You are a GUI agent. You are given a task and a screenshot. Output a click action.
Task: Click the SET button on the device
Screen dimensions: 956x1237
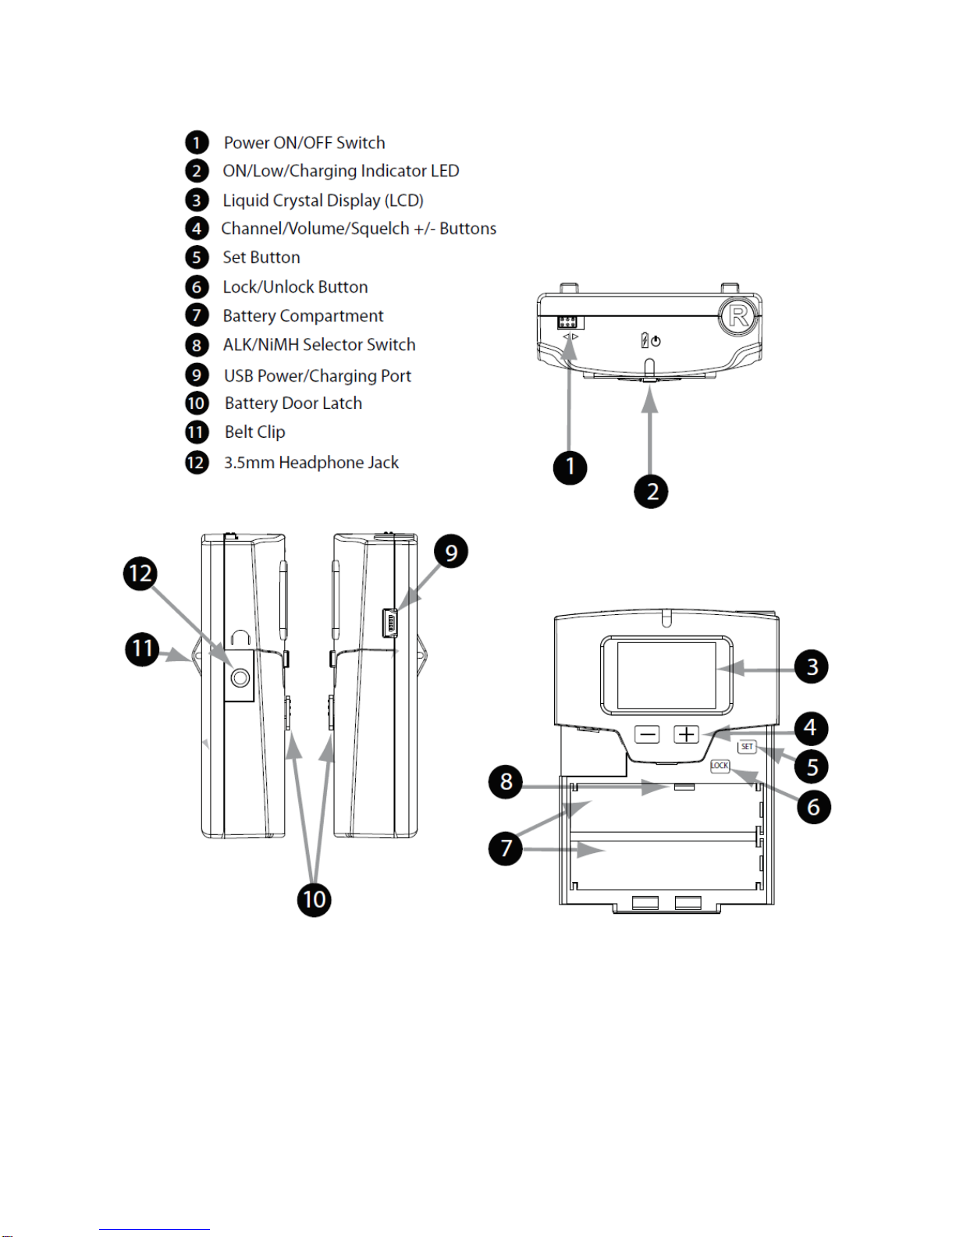coord(747,746)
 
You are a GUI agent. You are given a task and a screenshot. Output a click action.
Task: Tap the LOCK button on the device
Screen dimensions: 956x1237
coord(720,766)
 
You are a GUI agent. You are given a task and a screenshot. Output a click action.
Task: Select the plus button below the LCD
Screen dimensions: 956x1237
coord(686,734)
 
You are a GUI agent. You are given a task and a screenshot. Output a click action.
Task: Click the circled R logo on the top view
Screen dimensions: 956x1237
coord(738,315)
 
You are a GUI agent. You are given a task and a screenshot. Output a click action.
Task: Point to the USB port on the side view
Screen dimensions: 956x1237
coord(389,622)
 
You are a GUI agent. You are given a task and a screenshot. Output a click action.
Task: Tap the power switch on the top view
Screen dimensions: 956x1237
coord(570,322)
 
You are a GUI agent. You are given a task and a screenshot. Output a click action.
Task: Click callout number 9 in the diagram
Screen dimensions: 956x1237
coord(451,552)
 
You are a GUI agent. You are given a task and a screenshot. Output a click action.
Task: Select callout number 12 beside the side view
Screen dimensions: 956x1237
coord(140,574)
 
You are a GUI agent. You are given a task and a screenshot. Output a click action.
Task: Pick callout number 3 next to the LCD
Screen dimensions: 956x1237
coord(812,666)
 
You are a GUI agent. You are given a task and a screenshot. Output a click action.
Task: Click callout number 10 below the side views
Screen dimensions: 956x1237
coord(314,899)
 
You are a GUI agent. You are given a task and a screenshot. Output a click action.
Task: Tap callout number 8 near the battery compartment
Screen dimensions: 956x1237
coord(506,781)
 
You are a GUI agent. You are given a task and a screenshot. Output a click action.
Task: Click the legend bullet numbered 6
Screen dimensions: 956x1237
coord(197,286)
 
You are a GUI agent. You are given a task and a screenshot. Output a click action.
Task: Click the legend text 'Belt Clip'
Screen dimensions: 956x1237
coord(255,432)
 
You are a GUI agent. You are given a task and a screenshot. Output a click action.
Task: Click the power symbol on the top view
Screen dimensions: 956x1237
coord(656,342)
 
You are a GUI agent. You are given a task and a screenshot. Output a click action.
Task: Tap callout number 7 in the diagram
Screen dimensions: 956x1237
coord(506,848)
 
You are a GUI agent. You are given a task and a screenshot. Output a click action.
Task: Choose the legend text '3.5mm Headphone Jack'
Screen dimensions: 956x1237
coord(311,462)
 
